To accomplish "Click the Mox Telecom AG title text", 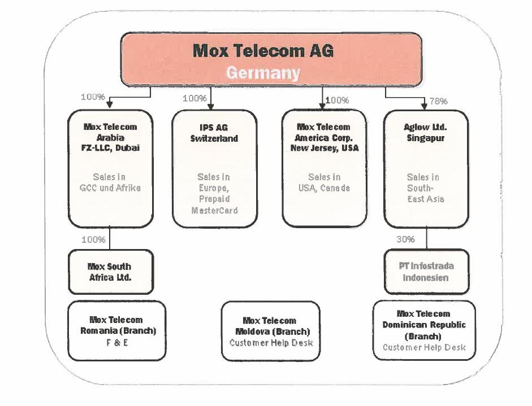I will [x=263, y=51].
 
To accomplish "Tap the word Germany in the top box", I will [x=263, y=73].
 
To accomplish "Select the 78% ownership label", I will [x=438, y=101].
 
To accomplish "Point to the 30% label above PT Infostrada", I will [x=405, y=239].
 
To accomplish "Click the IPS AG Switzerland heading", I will [x=214, y=133].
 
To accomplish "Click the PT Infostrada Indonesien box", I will [x=426, y=272].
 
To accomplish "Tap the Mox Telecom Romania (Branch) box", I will [x=118, y=330].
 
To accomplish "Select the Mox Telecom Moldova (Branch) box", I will [x=271, y=331].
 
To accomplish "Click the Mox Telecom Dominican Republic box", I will [x=424, y=330].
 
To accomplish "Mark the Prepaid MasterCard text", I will [x=214, y=205].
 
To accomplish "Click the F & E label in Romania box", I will [x=118, y=342].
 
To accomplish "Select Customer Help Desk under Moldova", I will [x=271, y=343].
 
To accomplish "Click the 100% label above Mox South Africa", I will [x=93, y=239].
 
